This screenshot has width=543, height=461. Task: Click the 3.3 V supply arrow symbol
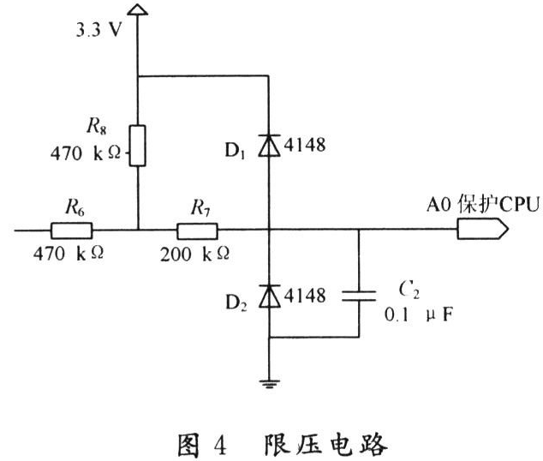[x=138, y=9]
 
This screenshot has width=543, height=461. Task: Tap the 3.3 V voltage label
[x=99, y=30]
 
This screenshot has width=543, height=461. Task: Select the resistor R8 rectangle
[x=138, y=146]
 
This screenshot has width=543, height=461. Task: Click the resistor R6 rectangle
[x=72, y=230]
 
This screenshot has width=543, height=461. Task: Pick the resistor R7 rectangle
[x=197, y=231]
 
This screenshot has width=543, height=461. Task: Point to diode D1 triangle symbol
[x=269, y=146]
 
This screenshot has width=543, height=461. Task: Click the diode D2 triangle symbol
[x=270, y=296]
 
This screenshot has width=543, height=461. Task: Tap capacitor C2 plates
[x=359, y=296]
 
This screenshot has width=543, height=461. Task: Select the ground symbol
[x=270, y=384]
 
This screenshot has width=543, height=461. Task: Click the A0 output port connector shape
[x=482, y=229]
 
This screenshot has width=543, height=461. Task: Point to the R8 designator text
[x=97, y=126]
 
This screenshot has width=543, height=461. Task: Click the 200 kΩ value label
[x=194, y=254]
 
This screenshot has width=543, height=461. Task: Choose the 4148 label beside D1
[x=305, y=145]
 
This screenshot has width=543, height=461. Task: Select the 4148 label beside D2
[x=305, y=296]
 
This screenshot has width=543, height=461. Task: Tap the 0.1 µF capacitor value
[x=418, y=314]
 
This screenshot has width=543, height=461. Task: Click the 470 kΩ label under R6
[x=69, y=254]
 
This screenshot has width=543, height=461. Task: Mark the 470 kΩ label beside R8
[x=86, y=153]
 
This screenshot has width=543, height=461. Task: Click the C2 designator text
[x=409, y=290]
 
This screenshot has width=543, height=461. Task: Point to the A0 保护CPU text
[x=483, y=204]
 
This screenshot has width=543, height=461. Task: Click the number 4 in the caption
[x=220, y=446]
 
